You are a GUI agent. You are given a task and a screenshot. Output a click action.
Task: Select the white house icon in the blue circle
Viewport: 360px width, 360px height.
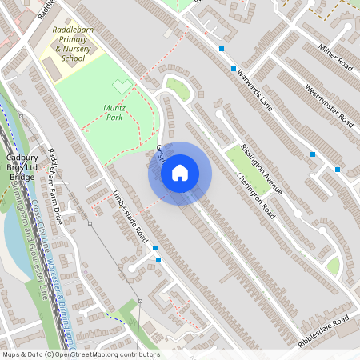pyautogui.click(x=180, y=173)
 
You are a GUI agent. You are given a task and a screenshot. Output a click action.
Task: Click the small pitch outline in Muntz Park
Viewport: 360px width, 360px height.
pyautogui.click(x=122, y=84)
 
